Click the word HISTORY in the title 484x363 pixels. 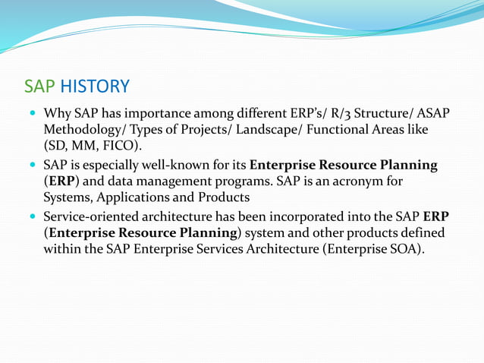[95, 86]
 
